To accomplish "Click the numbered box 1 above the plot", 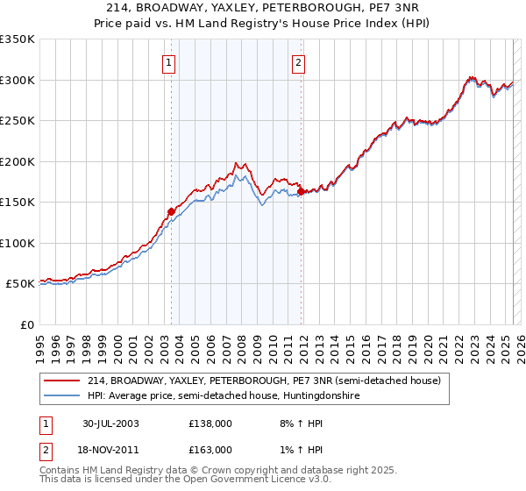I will click(167, 62).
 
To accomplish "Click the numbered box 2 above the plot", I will click(299, 62).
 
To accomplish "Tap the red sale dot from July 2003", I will click(172, 211).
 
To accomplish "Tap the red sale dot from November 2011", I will click(301, 191).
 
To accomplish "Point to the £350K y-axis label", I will click(18, 39).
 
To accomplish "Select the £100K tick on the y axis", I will click(18, 243).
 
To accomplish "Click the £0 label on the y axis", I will click(26, 324).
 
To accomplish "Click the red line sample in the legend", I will click(62, 381).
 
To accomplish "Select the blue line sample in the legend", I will click(62, 396).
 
